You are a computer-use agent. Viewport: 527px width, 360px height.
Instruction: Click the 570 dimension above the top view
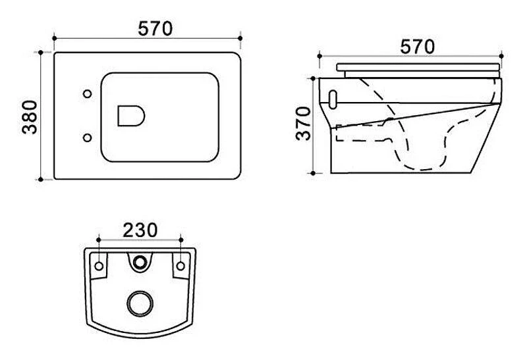click(155, 28)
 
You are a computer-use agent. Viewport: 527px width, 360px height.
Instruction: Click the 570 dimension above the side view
click(417, 47)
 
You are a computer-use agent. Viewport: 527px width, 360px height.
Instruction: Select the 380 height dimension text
click(30, 117)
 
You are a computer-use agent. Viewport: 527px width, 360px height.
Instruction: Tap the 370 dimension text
click(304, 123)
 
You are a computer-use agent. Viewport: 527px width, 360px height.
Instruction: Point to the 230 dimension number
click(140, 230)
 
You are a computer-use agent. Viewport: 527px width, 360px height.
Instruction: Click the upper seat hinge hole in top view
click(88, 94)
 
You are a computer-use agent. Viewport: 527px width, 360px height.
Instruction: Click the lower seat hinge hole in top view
click(88, 138)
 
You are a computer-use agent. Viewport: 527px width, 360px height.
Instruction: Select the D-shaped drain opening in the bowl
click(131, 116)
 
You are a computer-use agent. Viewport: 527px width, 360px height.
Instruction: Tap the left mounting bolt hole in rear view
click(99, 267)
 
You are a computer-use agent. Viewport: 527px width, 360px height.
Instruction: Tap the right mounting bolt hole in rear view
click(180, 267)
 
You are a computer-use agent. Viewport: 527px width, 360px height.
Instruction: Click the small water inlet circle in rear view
click(140, 262)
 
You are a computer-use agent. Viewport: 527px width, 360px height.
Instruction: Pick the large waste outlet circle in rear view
click(140, 303)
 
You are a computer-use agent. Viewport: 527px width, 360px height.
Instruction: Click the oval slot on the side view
click(333, 99)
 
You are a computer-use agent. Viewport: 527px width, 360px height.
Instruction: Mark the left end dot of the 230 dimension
click(98, 240)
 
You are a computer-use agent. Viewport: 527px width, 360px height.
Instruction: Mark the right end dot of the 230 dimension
click(181, 240)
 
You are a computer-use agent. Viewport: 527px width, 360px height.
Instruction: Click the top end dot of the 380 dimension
click(41, 53)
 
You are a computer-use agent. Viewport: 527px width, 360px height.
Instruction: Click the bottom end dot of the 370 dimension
click(313, 173)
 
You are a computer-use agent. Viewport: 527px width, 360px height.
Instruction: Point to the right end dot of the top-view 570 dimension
click(240, 38)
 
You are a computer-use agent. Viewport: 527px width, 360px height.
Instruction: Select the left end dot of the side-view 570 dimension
click(319, 56)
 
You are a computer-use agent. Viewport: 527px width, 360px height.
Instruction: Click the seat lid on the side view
click(418, 67)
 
